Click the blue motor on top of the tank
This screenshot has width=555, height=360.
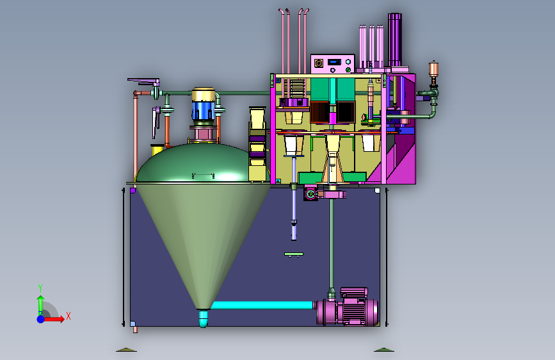pyautogui.click(x=203, y=110)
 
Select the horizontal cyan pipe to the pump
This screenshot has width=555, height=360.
pyautogui.click(x=262, y=305)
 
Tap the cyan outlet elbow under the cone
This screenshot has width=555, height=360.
pyautogui.click(x=203, y=318)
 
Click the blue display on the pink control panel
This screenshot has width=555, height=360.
pyautogui.click(x=334, y=62)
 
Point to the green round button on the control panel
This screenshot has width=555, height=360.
pyautogui.click(x=348, y=70)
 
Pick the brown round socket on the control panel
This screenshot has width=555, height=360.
pyautogui.click(x=319, y=63)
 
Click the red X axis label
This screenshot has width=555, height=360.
pyautogui.click(x=68, y=316)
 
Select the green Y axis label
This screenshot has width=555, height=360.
pyautogui.click(x=40, y=288)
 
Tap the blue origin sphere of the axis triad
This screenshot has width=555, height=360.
pyautogui.click(x=41, y=319)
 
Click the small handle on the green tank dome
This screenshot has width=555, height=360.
pyautogui.click(x=203, y=175)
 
